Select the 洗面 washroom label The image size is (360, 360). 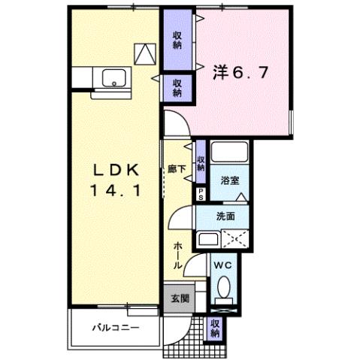click(x=225, y=216)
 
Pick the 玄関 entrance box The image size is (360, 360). click(x=174, y=298)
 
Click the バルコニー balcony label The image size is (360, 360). click(x=116, y=328)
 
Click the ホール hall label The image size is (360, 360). click(x=178, y=256)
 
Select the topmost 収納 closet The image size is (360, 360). click(x=177, y=38)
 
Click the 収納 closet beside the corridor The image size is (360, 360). click(x=201, y=163)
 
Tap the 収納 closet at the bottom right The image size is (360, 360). click(x=216, y=328)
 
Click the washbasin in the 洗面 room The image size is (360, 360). click(x=207, y=241)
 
